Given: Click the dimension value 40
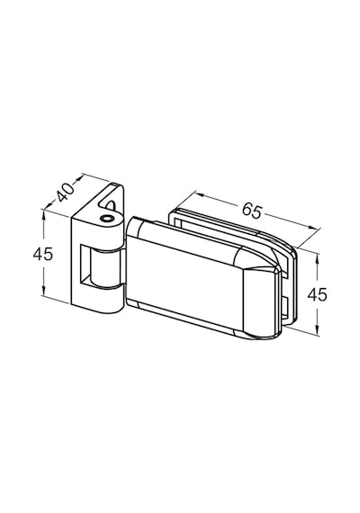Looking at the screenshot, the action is (x=66, y=192).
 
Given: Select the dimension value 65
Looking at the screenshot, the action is (x=252, y=211).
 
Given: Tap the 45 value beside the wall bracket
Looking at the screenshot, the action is (x=43, y=254).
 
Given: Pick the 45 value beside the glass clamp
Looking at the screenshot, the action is (x=317, y=295).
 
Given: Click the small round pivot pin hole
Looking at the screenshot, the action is (x=105, y=219).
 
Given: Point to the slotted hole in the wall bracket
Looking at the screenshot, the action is (x=111, y=205).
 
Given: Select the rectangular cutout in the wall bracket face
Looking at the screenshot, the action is (x=86, y=265).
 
